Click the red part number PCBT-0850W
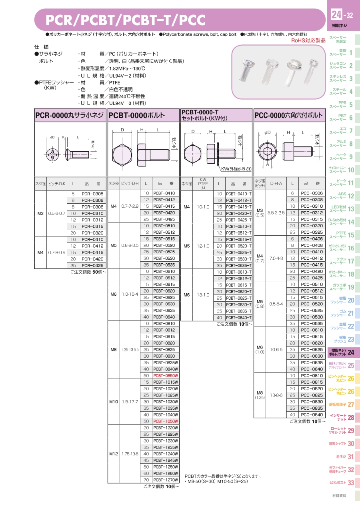(166, 376)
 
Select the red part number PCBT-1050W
(166, 421)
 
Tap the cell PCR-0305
(92, 194)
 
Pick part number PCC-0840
(312, 415)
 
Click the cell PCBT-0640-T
(239, 318)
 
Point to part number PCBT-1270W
(166, 480)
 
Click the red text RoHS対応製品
(308, 40)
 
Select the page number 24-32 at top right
(342, 15)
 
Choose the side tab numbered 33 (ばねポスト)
(342, 483)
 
